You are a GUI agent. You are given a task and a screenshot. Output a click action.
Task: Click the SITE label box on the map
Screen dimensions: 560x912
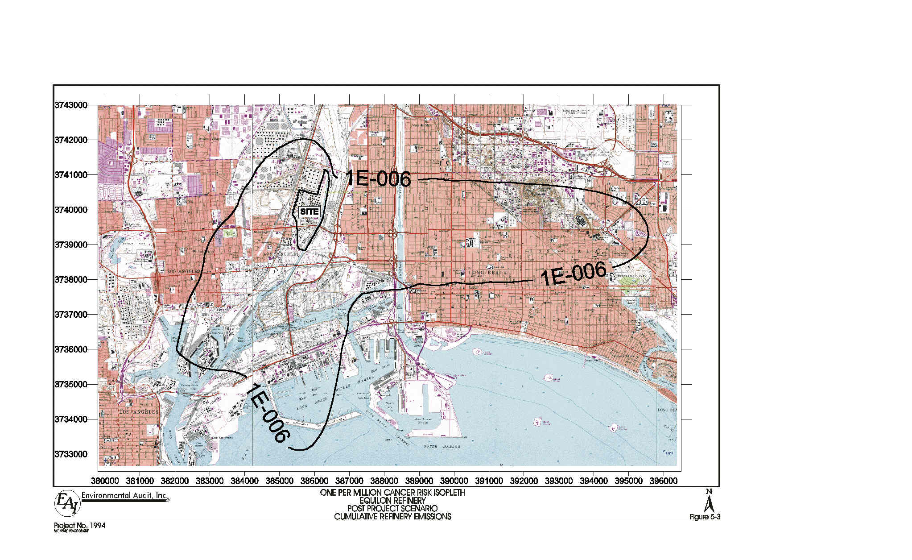[x=309, y=212]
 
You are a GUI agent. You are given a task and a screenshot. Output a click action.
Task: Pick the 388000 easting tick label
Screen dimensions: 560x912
[x=384, y=481]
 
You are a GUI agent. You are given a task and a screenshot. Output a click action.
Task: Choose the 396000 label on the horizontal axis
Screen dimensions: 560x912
[x=663, y=481]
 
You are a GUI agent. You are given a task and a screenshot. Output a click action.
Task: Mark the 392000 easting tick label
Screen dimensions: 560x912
[x=524, y=481]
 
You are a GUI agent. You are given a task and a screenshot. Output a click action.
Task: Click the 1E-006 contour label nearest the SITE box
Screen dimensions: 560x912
[x=378, y=178]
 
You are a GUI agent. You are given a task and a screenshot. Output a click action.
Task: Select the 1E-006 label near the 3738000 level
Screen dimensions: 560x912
[x=574, y=274]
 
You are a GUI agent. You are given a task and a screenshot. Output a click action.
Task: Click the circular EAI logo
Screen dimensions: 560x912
[x=67, y=504]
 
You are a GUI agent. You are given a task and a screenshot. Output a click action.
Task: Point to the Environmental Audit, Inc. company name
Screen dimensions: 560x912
[x=125, y=495]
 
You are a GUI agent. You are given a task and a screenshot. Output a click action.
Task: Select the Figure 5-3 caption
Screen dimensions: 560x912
[x=705, y=517]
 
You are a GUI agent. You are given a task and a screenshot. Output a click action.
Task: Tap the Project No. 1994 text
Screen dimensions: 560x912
[x=80, y=526]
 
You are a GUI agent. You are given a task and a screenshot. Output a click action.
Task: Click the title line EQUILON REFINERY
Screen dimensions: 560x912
[x=392, y=501]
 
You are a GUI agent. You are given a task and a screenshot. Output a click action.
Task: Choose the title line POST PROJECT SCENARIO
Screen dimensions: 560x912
[x=392, y=509]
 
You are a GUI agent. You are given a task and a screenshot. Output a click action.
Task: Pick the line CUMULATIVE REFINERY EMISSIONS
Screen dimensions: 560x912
[x=392, y=517]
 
